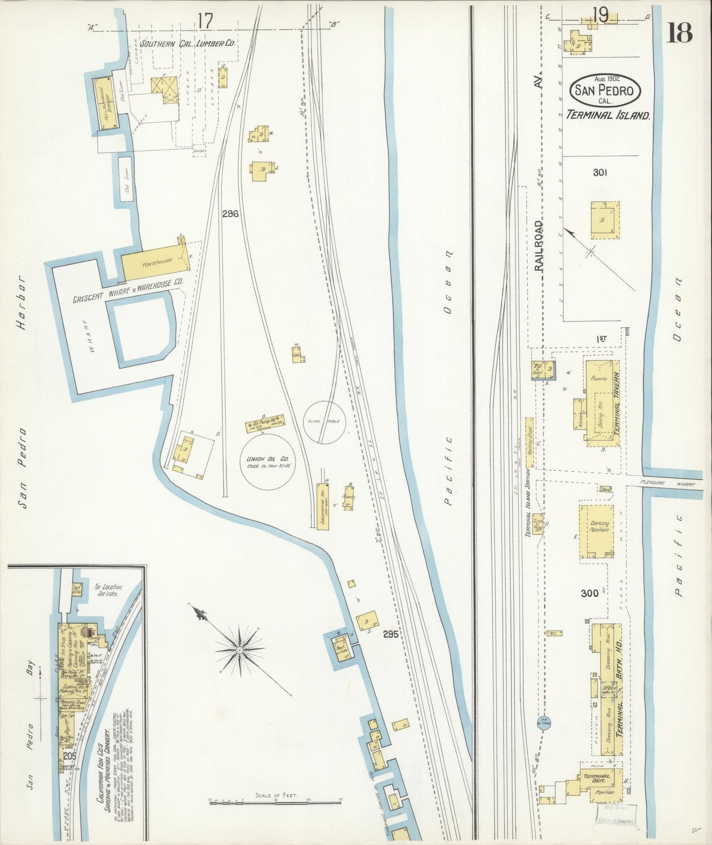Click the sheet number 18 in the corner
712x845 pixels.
click(x=679, y=33)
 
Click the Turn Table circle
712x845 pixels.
click(x=324, y=422)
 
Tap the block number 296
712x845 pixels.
click(x=230, y=214)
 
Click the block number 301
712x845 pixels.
click(x=600, y=173)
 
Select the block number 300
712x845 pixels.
click(x=589, y=593)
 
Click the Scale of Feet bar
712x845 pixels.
click(x=275, y=803)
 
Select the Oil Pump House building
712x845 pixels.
click(x=265, y=423)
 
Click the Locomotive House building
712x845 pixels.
click(x=322, y=506)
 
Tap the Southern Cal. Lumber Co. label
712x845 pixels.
click(x=187, y=44)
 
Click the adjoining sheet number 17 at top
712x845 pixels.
click(x=205, y=21)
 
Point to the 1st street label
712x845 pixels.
click(x=601, y=339)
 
